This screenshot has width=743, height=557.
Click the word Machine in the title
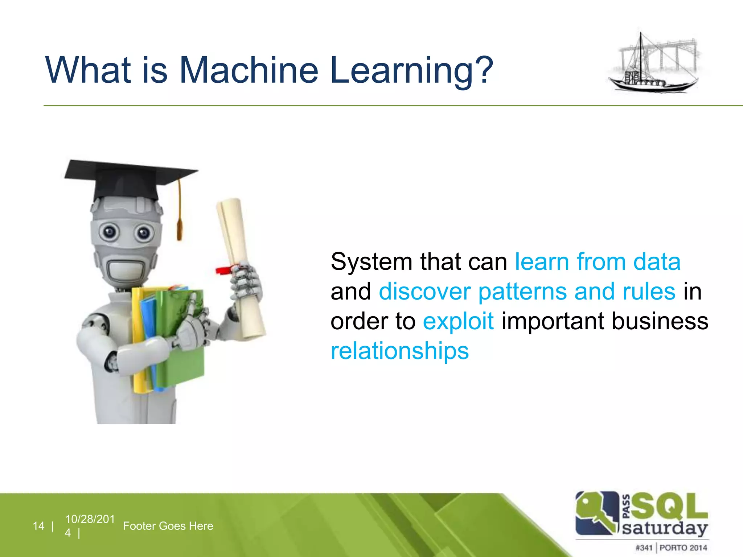pos(249,70)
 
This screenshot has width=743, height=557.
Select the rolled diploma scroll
pos(241,268)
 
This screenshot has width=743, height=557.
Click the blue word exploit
pos(458,321)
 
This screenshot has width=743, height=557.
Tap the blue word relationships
pos(399,351)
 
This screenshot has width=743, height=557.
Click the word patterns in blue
pos(522,292)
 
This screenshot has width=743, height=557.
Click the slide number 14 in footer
pos(38,526)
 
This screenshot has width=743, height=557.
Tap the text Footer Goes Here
pos(168,526)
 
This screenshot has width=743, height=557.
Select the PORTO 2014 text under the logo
pos(683,548)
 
